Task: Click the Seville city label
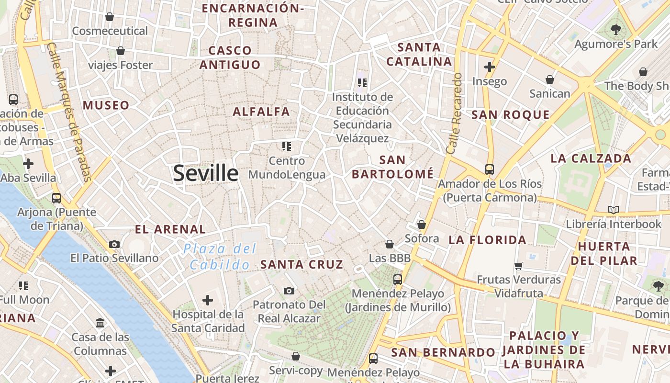tap(205, 173)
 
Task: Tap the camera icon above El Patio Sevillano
tap(114, 244)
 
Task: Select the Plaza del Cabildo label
tap(220, 257)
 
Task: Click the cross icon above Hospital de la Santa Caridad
tap(207, 300)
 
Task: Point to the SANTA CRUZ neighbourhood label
tap(301, 264)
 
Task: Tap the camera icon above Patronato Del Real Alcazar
tap(289, 291)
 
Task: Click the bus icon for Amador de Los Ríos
tap(489, 169)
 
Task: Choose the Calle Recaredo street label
tap(454, 113)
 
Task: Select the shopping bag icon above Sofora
tap(422, 224)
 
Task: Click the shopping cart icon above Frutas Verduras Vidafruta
tap(518, 266)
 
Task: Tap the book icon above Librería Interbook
tap(613, 210)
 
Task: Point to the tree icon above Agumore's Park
tap(615, 30)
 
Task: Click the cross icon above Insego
tap(489, 67)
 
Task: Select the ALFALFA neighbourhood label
tap(261, 112)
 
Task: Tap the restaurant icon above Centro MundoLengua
tap(287, 146)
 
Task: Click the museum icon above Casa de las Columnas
tap(100, 323)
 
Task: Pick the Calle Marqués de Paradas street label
tap(70, 113)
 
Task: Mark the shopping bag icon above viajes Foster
tap(121, 51)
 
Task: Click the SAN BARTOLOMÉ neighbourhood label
tap(392, 167)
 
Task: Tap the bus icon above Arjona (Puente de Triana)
tap(56, 198)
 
